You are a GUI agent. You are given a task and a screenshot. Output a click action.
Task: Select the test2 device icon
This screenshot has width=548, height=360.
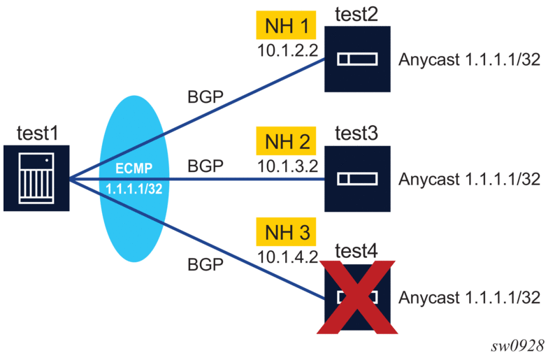tap(357, 60)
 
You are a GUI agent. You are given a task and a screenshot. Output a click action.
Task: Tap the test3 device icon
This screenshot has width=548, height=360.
tap(357, 178)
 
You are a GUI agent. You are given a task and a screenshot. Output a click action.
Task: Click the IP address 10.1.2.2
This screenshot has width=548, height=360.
tap(286, 51)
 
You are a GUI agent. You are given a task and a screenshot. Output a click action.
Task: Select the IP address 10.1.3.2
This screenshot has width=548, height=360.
tap(286, 167)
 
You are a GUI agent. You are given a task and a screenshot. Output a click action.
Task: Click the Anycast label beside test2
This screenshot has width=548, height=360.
tap(469, 60)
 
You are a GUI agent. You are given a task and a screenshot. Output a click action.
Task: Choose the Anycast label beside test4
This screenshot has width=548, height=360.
tap(469, 297)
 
